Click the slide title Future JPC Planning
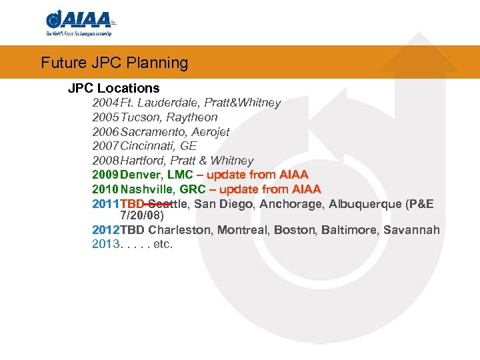pos(115,63)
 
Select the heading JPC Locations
pos(114,88)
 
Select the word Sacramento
pos(151,132)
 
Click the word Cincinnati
pos(146,146)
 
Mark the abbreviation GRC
pos(193,189)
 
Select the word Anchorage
pos(291,204)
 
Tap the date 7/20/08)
pos(142,216)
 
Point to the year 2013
pos(105,245)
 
